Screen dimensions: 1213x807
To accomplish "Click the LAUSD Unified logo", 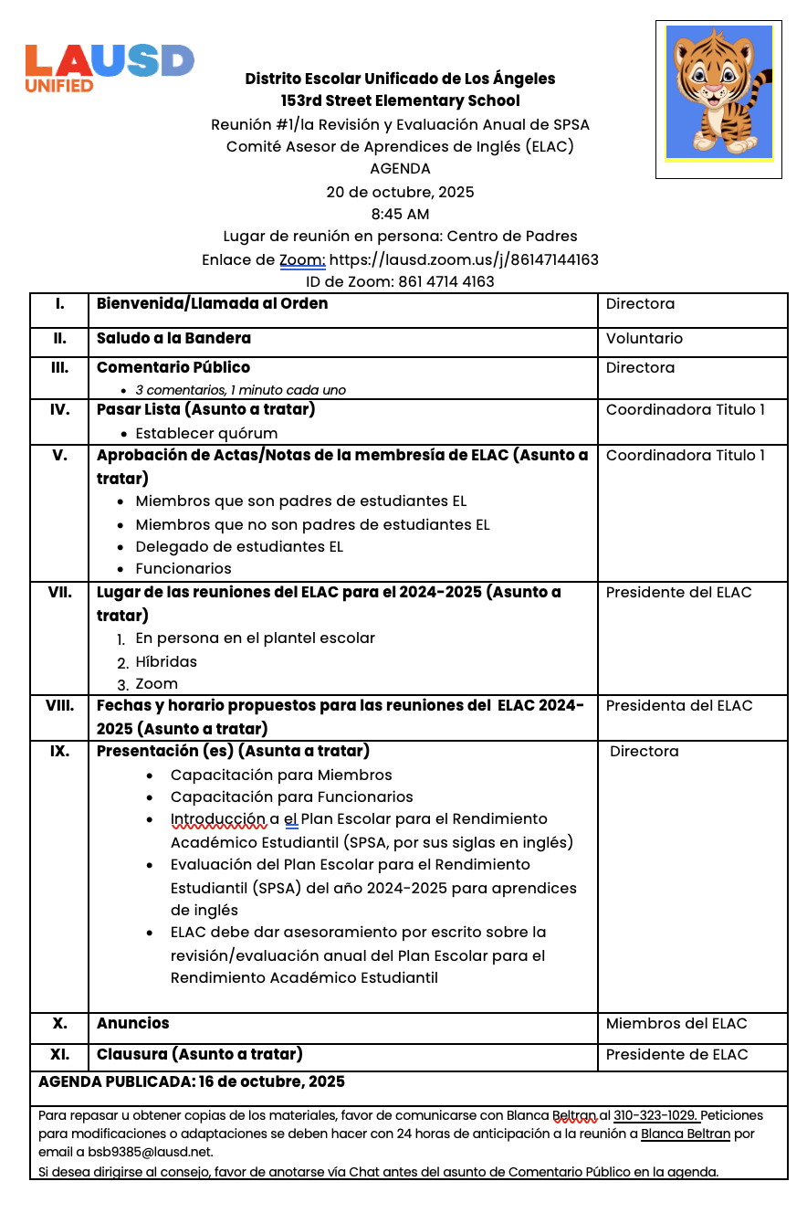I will coord(110,68).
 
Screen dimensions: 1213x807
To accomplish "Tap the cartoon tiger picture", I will coord(718,92).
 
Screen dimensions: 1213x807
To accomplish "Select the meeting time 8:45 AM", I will coord(400,215).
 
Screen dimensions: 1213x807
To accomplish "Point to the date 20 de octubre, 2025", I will coord(400,192).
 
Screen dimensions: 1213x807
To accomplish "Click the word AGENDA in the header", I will coord(400,169).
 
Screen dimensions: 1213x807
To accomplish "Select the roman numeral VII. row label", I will coord(59,592).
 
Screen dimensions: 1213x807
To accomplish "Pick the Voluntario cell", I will coord(644,339).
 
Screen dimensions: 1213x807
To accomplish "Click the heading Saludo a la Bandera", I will coord(173,338).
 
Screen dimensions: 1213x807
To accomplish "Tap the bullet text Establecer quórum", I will coord(206,433).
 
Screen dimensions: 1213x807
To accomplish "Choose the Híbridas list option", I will coord(166,661).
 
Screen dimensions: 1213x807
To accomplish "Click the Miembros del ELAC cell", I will coord(676,1024).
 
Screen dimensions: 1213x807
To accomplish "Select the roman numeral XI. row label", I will coord(59,1054).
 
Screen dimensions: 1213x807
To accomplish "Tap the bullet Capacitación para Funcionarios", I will coord(291,796).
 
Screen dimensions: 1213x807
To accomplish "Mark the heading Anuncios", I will coord(132,1023).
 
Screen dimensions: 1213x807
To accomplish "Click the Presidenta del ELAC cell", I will coord(678,705).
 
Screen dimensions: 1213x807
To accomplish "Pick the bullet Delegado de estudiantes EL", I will coord(239,546).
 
